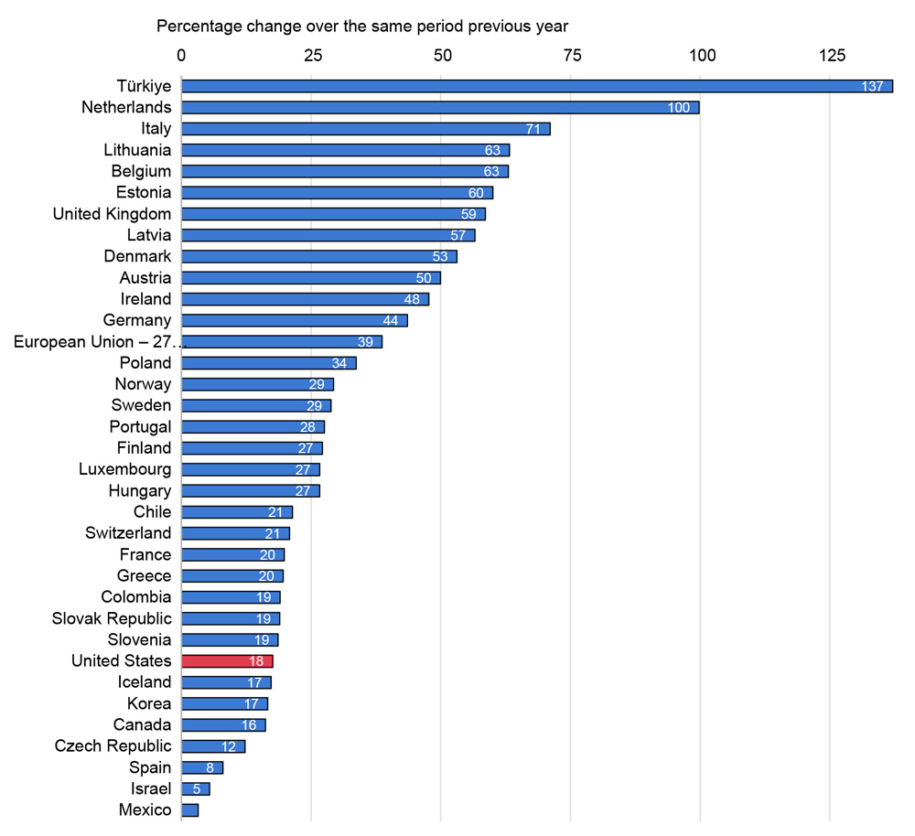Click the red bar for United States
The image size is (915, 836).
[x=227, y=661]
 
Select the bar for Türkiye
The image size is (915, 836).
[x=536, y=86]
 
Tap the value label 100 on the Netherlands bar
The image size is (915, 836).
[x=678, y=108]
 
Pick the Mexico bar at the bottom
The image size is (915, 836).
[x=190, y=810]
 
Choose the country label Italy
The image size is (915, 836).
[x=156, y=129]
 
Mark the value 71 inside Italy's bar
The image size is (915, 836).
[x=534, y=129]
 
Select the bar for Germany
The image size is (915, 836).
[x=294, y=320]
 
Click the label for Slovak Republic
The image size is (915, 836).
[x=112, y=618]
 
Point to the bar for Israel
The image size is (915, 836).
[x=196, y=788]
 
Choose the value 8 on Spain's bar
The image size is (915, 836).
[x=210, y=767]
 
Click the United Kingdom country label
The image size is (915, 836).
[x=112, y=214]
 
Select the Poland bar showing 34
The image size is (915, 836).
[x=268, y=363]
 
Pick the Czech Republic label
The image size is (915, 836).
[x=113, y=746]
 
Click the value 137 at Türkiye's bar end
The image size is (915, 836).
[x=873, y=86]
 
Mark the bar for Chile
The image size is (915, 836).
[x=237, y=512]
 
